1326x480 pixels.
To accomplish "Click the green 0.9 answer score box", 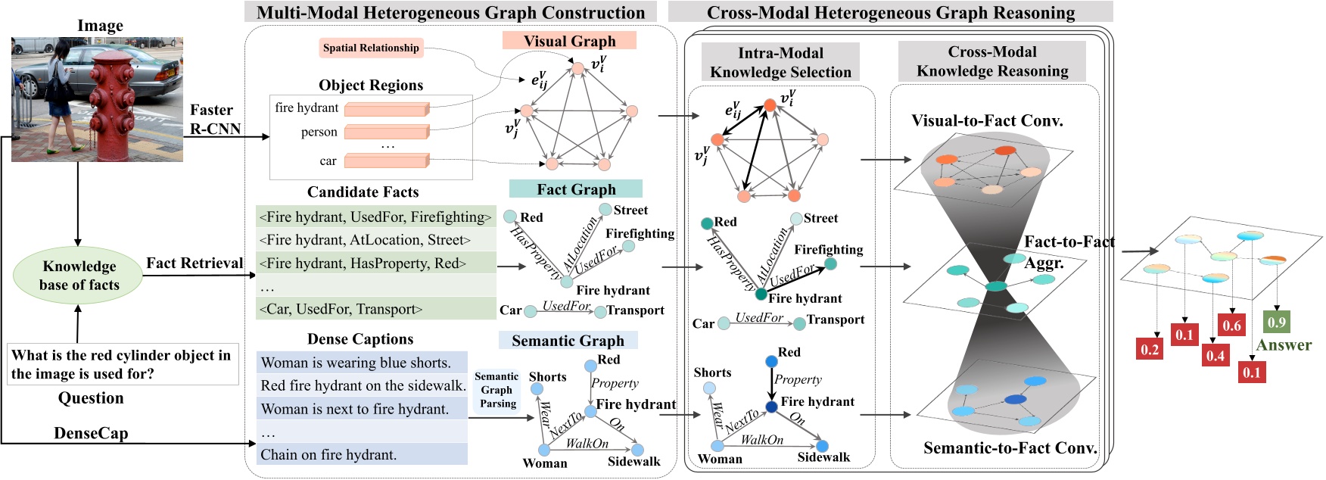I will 1276,322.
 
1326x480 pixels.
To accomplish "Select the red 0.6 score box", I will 1231,325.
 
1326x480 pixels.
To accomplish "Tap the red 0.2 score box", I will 1150,349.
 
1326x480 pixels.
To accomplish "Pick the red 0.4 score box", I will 1215,355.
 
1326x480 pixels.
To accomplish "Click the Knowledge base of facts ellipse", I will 79,276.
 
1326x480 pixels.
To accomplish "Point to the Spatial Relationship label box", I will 371,48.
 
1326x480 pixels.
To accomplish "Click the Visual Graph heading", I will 569,41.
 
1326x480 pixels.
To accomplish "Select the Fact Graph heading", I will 576,189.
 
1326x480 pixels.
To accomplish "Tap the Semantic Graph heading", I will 568,341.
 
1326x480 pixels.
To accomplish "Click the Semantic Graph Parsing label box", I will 496,390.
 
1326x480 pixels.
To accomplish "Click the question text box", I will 122,364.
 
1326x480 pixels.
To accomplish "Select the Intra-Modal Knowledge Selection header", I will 780,62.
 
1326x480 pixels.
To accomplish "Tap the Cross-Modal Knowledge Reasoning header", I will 991,61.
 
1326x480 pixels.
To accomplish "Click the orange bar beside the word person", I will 386,132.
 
